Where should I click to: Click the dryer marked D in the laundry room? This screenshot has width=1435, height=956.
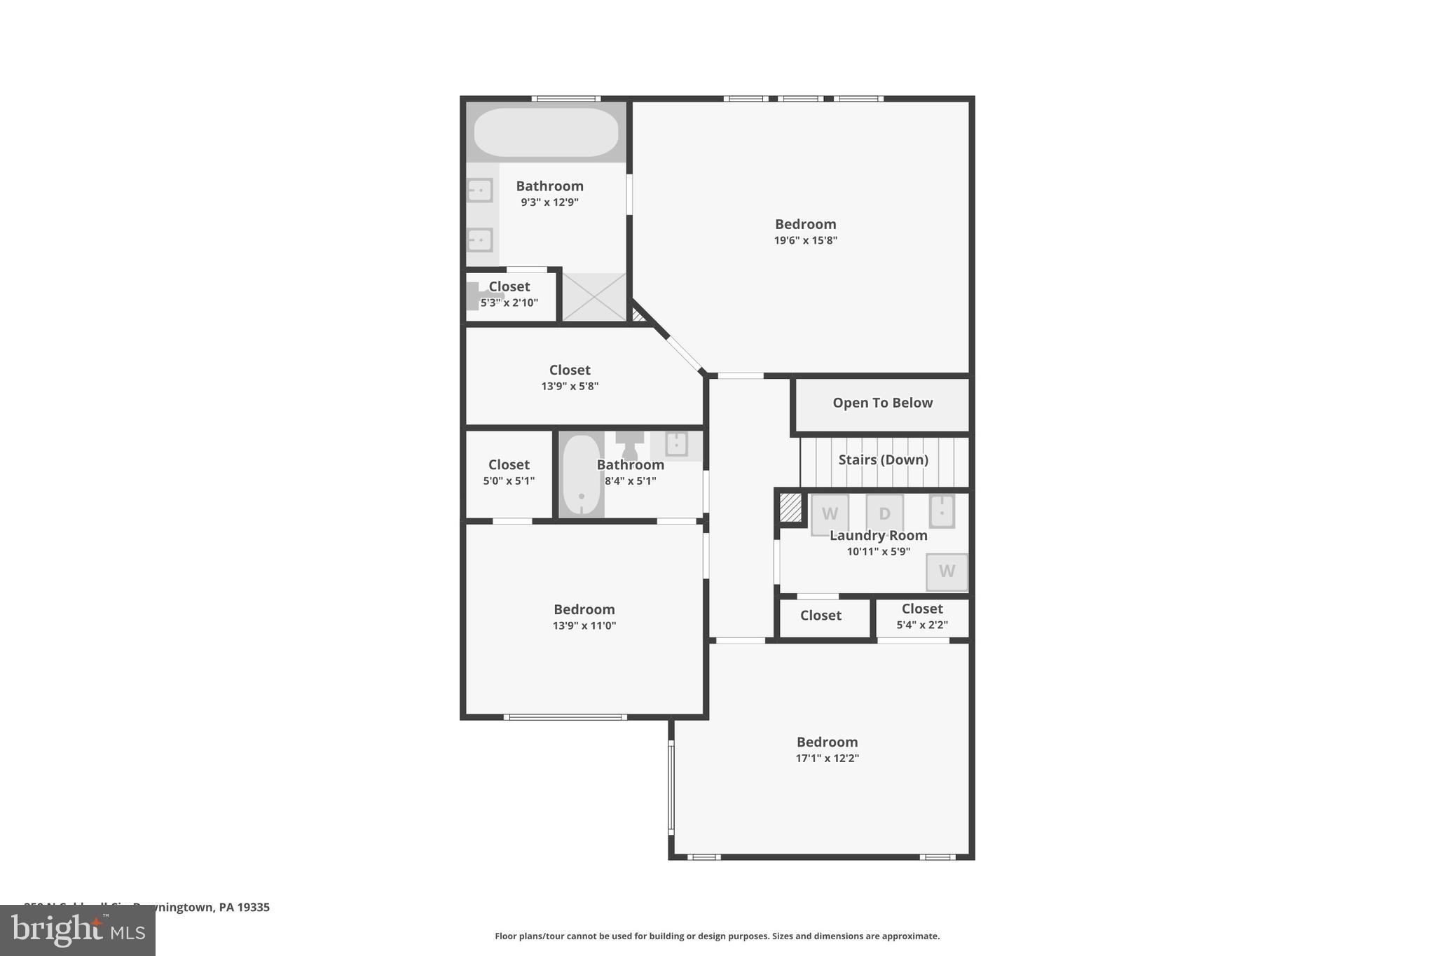pos(884,514)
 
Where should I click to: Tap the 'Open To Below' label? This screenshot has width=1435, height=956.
pos(882,403)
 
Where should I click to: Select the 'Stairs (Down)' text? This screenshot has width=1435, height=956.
pos(883,459)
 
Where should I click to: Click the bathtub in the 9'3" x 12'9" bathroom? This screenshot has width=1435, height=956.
pos(546,132)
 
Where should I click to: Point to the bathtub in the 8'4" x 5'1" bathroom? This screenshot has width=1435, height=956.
pos(581,475)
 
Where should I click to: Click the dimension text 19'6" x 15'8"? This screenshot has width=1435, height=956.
pos(805,240)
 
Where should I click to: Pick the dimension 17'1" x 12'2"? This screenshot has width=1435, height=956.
pos(827,758)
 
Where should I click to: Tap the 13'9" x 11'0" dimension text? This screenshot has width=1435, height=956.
pos(584,625)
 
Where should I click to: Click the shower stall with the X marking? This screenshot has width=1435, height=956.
pos(594,297)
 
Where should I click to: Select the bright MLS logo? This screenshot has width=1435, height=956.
pos(78,930)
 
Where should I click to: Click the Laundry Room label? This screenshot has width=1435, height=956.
pos(878,535)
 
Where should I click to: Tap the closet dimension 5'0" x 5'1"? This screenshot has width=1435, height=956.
pos(509,480)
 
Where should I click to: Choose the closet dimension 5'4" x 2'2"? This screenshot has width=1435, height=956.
pos(922,624)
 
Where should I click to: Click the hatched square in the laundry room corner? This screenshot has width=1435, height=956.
pos(790,508)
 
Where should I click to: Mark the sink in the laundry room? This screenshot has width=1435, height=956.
pos(942,511)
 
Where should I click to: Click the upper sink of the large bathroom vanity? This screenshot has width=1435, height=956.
pos(480,190)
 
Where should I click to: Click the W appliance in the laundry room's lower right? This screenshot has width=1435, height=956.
pos(947,571)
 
